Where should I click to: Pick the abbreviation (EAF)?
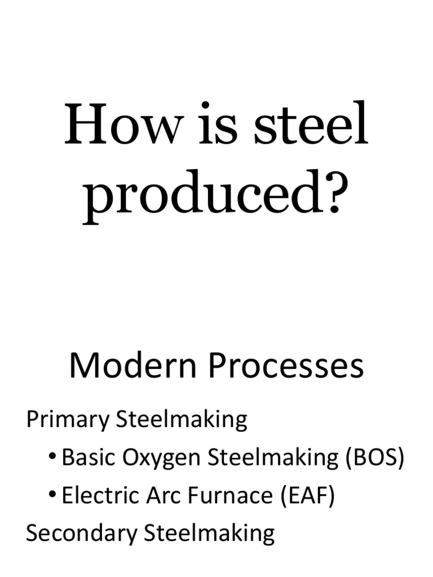click(307, 495)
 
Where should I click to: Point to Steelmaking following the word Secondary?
click(210, 533)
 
